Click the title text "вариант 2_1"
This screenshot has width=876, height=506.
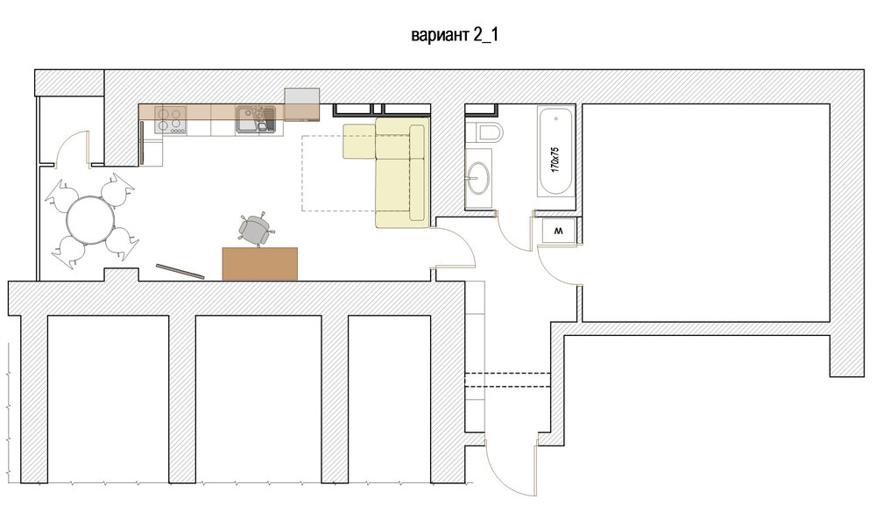point(454,35)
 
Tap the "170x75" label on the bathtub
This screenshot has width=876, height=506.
point(555,160)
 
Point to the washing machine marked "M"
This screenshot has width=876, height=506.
point(559,231)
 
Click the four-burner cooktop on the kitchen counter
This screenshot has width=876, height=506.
point(170,119)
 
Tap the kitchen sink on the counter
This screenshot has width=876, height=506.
point(255,119)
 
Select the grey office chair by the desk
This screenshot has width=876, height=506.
point(255,229)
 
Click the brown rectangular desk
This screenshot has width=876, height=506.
point(260,263)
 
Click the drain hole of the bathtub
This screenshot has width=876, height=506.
point(556,118)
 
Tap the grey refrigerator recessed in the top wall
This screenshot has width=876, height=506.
point(301,104)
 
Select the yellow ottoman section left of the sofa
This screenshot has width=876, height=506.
point(358,141)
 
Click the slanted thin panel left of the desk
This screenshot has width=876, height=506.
point(180,271)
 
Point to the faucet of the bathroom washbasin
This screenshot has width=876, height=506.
point(471,178)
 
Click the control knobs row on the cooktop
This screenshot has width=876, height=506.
point(178,132)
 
